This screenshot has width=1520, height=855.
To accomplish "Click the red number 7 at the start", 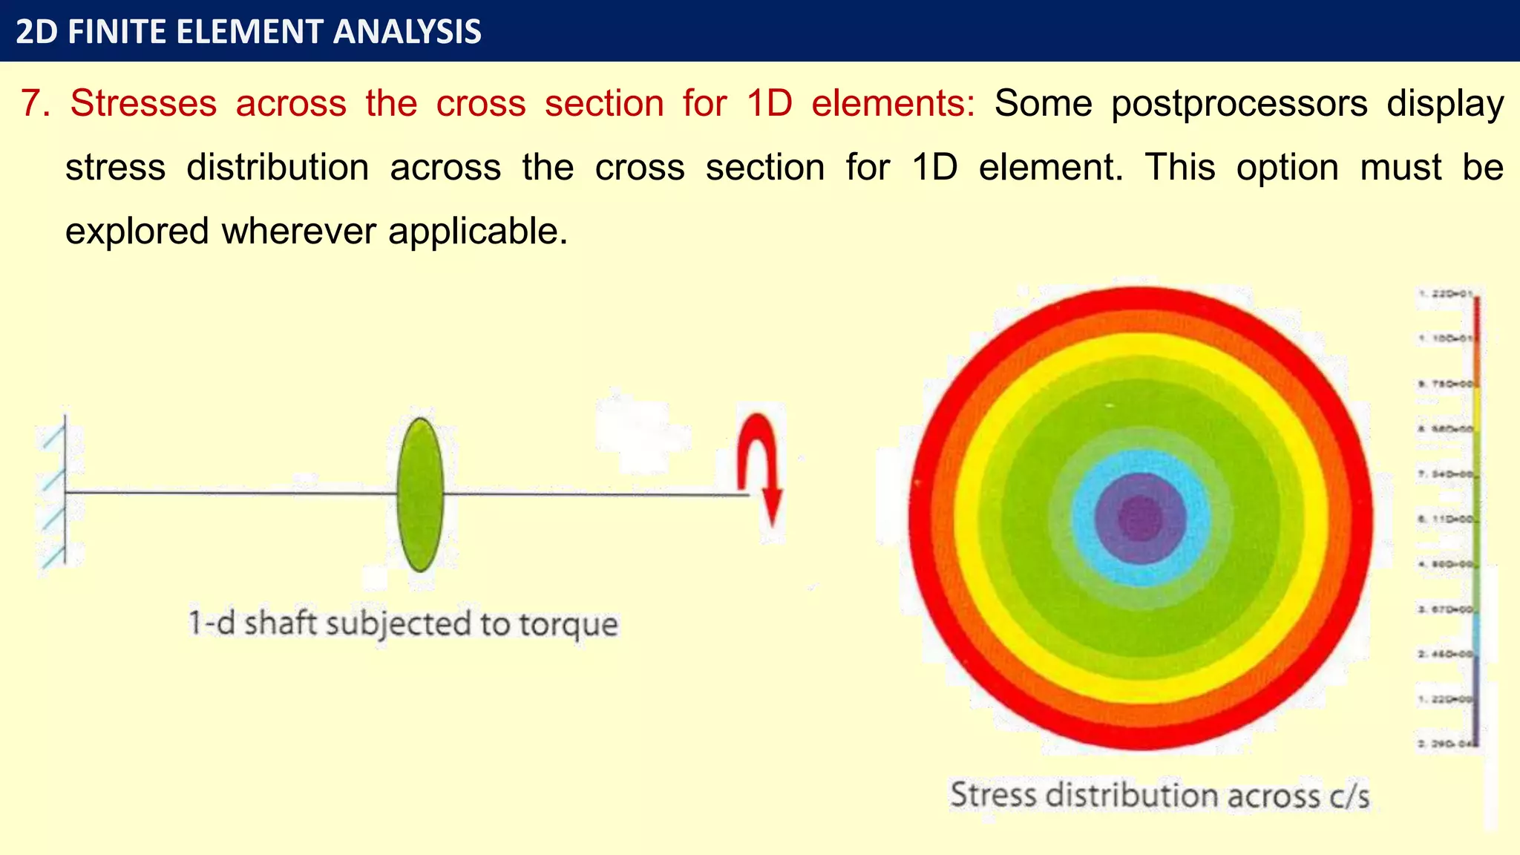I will coord(35,103).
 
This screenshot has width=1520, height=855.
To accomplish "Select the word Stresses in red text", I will coord(143,103).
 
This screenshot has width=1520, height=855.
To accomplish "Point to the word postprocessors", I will coord(1239,103).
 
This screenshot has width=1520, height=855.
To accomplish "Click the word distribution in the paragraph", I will coord(278,168).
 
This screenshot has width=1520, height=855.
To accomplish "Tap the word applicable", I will coord(477,232).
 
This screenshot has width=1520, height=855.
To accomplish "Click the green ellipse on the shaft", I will coord(420,495).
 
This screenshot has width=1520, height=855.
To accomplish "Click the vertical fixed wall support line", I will coord(65,490).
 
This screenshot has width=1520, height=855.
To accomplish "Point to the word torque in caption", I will coord(568,623).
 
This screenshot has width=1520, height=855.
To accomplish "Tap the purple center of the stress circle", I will coord(1140,519).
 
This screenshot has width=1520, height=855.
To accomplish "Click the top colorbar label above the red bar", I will coord(1445,294).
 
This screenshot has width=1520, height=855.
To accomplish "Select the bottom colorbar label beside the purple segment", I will coord(1445,743).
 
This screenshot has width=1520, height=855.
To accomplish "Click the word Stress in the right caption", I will coord(993,795).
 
